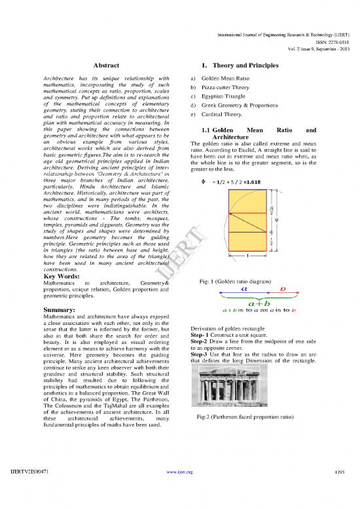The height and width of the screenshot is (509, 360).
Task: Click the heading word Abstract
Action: (x=105, y=66)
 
